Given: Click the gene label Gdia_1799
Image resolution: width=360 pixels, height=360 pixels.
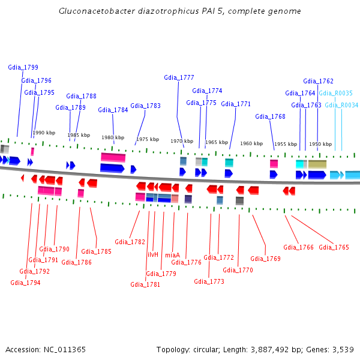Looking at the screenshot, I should (x=23, y=67).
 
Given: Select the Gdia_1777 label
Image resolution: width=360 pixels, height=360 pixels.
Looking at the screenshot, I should (x=179, y=77).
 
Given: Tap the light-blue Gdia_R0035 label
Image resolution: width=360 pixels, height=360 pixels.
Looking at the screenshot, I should (x=335, y=93).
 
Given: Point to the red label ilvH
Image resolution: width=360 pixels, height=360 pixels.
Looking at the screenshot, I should (x=153, y=254).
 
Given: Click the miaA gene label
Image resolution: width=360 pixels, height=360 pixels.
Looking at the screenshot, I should (x=172, y=254).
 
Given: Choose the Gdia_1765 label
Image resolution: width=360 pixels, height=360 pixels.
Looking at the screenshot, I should (x=334, y=247).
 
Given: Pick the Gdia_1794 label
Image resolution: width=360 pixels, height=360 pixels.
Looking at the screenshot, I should (x=25, y=283).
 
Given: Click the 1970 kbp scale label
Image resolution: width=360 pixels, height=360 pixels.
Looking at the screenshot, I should (x=182, y=141).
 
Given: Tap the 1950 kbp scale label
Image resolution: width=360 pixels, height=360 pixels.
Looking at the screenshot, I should (x=320, y=144).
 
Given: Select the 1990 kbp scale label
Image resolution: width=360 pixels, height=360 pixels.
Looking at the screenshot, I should (x=44, y=133).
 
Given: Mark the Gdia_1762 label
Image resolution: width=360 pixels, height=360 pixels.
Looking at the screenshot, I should (x=318, y=81).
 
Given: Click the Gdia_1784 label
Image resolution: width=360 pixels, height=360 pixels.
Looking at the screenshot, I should (x=113, y=110).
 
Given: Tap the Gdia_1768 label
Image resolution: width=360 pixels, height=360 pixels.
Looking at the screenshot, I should (x=270, y=116).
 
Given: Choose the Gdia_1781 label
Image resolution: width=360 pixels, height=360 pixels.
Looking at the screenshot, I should (x=145, y=284).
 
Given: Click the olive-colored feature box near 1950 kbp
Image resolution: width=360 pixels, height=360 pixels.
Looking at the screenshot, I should (x=317, y=163).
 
